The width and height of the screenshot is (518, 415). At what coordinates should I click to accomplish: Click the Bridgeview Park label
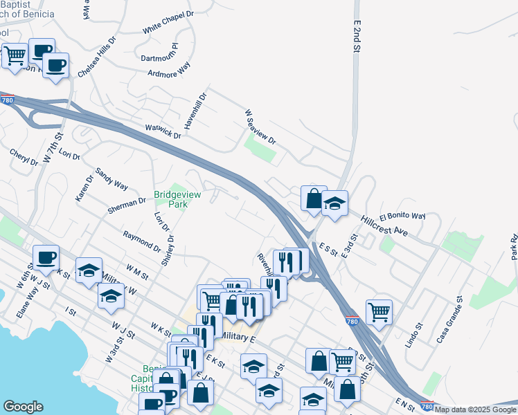177,199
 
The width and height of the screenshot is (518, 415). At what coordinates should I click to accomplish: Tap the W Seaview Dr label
260,127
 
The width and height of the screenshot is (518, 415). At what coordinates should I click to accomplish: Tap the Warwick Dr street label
163,131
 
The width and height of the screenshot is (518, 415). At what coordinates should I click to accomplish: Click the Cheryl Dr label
24,157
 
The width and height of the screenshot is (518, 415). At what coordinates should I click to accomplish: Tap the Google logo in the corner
23,407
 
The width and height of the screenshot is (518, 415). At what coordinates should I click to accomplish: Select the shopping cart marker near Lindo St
379,311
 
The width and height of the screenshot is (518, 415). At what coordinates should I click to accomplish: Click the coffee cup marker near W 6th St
46,257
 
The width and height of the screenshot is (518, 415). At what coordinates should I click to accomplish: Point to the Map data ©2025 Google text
475,409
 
